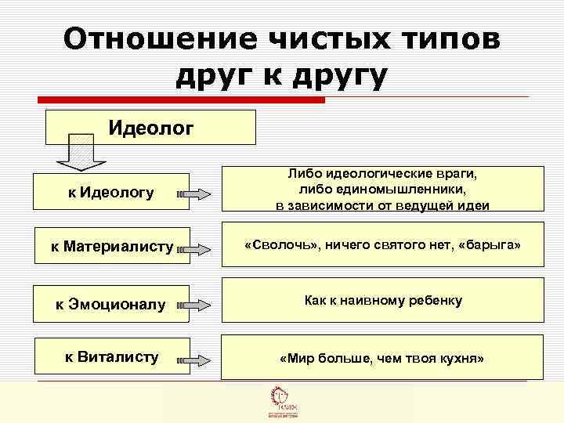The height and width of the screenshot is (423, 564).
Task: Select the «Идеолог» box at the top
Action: pos(151,127)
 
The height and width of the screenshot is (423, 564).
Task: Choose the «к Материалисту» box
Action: pos(112,247)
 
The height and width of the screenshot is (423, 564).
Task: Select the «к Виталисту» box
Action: pos(111,356)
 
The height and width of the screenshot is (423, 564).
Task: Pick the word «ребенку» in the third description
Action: pos(438,300)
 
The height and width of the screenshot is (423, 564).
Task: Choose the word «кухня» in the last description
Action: pos(460,358)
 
